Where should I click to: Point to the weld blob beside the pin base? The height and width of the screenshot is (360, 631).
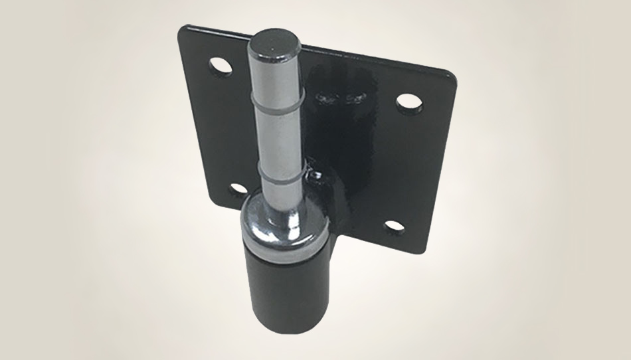317,178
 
